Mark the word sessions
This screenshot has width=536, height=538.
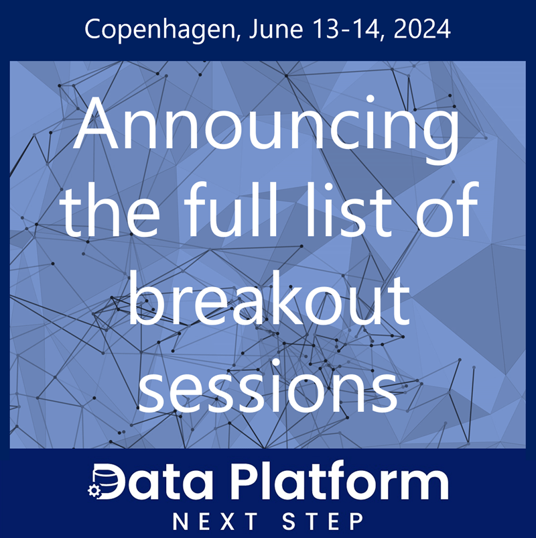coord(268,389)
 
